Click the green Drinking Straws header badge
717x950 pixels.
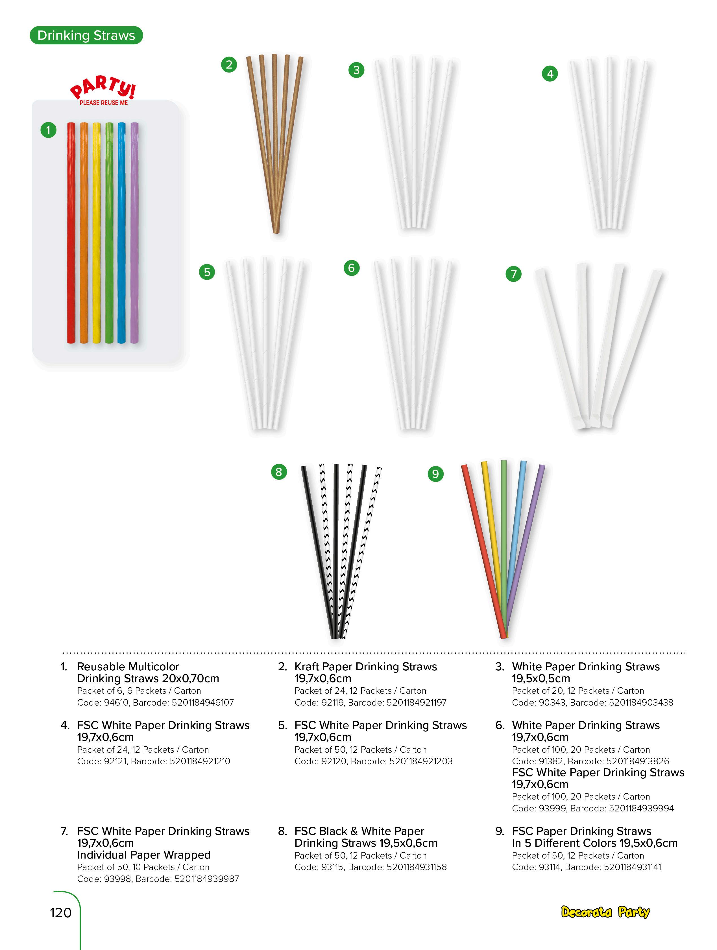coord(86,35)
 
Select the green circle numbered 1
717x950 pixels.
coord(48,130)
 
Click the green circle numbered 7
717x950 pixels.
coord(513,273)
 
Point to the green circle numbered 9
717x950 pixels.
coord(435,474)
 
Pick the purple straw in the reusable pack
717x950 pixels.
coord(134,232)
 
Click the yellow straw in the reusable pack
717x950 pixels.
coord(97,232)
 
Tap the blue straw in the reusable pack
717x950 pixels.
coord(122,232)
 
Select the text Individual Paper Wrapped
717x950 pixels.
coord(143,855)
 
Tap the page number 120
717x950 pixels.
coord(60,912)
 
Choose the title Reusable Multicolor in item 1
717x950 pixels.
coord(128,667)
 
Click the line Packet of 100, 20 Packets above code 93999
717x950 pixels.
coord(580,796)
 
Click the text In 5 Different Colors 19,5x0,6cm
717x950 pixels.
coord(594,843)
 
